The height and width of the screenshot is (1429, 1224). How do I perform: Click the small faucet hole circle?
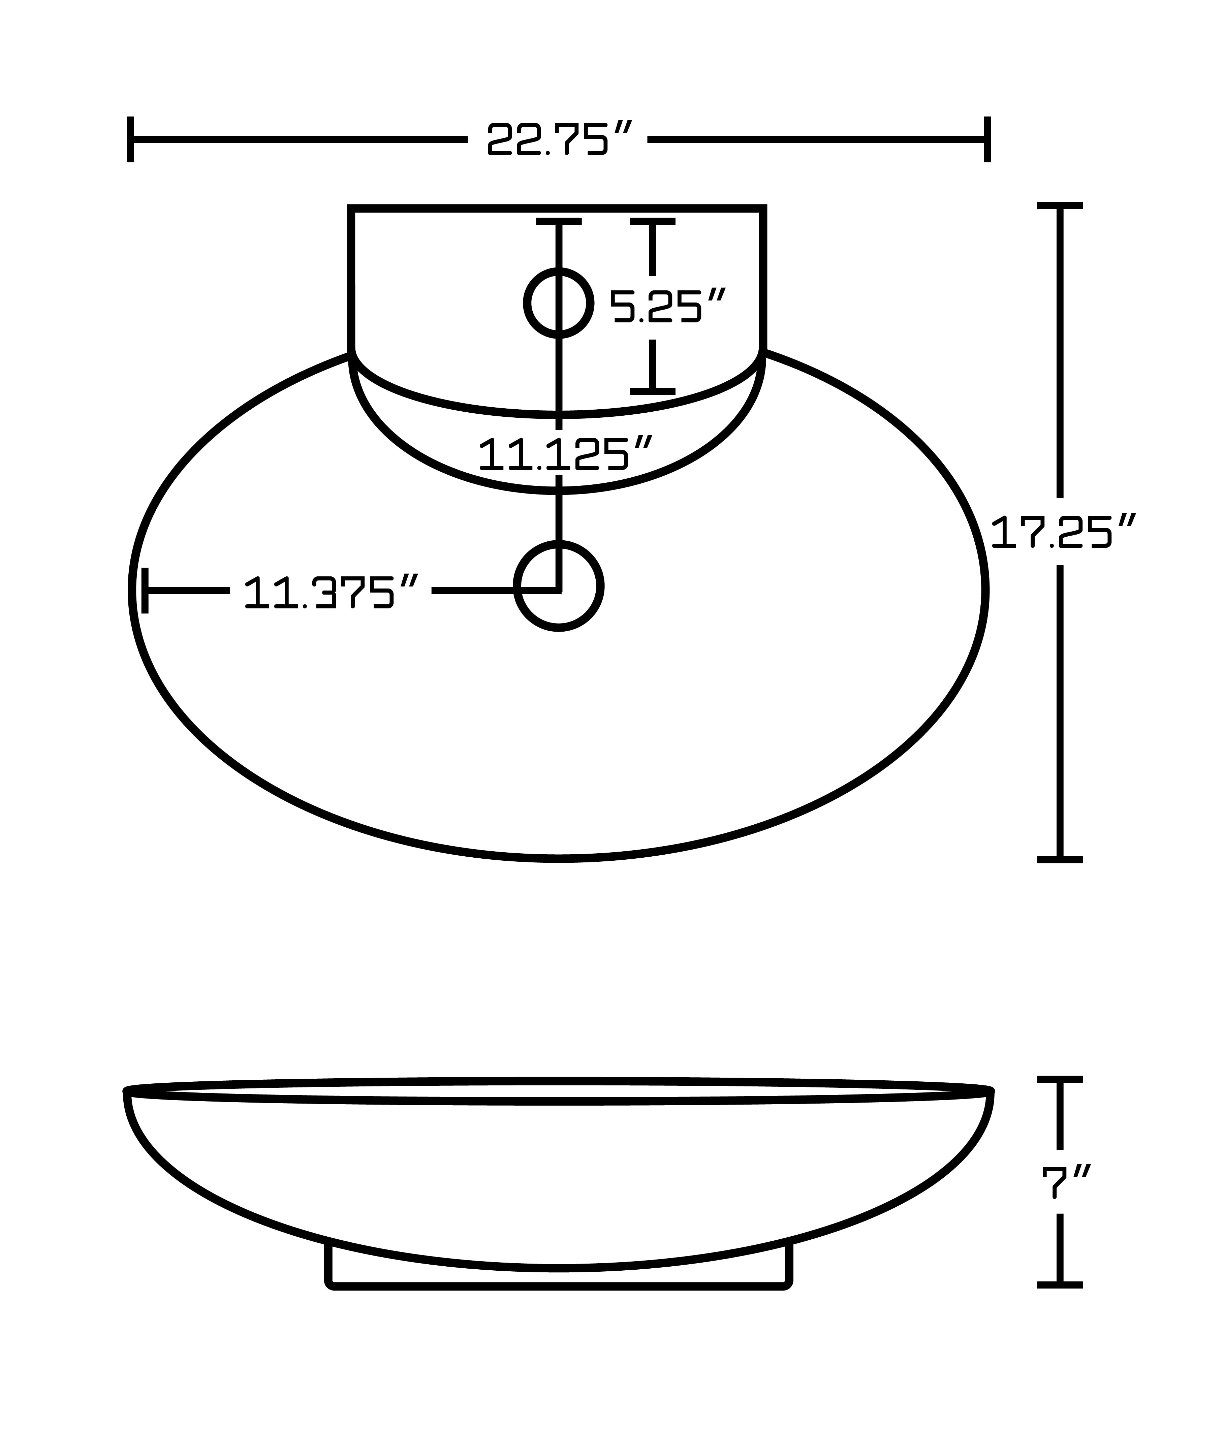point(559,303)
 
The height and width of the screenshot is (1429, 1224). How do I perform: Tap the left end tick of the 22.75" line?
point(130,139)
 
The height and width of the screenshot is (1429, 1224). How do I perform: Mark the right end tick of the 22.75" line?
point(987,139)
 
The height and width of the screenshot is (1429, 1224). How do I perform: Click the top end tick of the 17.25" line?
point(1060,205)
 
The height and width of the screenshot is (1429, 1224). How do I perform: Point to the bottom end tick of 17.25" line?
point(1060,859)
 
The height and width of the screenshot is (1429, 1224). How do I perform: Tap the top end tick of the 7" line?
point(1060,1079)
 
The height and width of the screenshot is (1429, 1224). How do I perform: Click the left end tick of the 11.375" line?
point(145,590)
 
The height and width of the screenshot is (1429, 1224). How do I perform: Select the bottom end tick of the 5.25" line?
point(652,391)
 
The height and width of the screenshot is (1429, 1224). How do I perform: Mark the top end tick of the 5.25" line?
point(652,221)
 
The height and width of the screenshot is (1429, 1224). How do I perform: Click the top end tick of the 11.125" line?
point(559,221)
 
